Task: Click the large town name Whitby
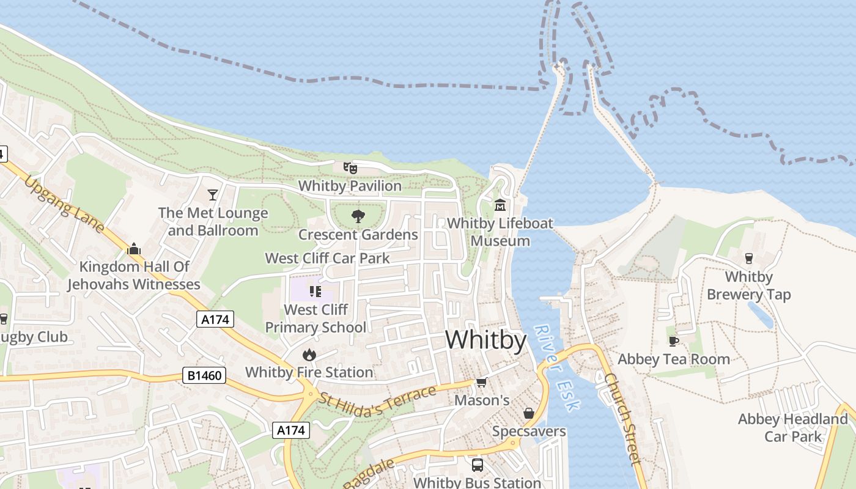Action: pos(485,340)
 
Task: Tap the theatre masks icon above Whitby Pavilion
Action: pos(350,167)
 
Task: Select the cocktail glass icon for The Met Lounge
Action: pos(213,195)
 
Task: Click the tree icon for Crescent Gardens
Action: pos(358,216)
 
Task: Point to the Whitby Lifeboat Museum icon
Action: pos(500,204)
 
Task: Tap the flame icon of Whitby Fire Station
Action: pos(309,354)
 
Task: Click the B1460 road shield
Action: pos(204,375)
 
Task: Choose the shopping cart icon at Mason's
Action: pos(482,383)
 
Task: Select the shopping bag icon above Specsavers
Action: pos(529,413)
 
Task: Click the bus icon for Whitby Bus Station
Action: pos(478,465)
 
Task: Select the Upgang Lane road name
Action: pos(64,204)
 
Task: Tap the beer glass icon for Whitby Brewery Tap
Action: pos(748,258)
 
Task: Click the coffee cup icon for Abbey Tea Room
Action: pos(673,341)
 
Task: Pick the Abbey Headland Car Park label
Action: pos(792,427)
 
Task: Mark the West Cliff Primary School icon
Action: pos(315,292)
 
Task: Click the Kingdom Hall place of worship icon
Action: pos(133,248)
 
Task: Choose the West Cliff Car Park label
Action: pos(327,258)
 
